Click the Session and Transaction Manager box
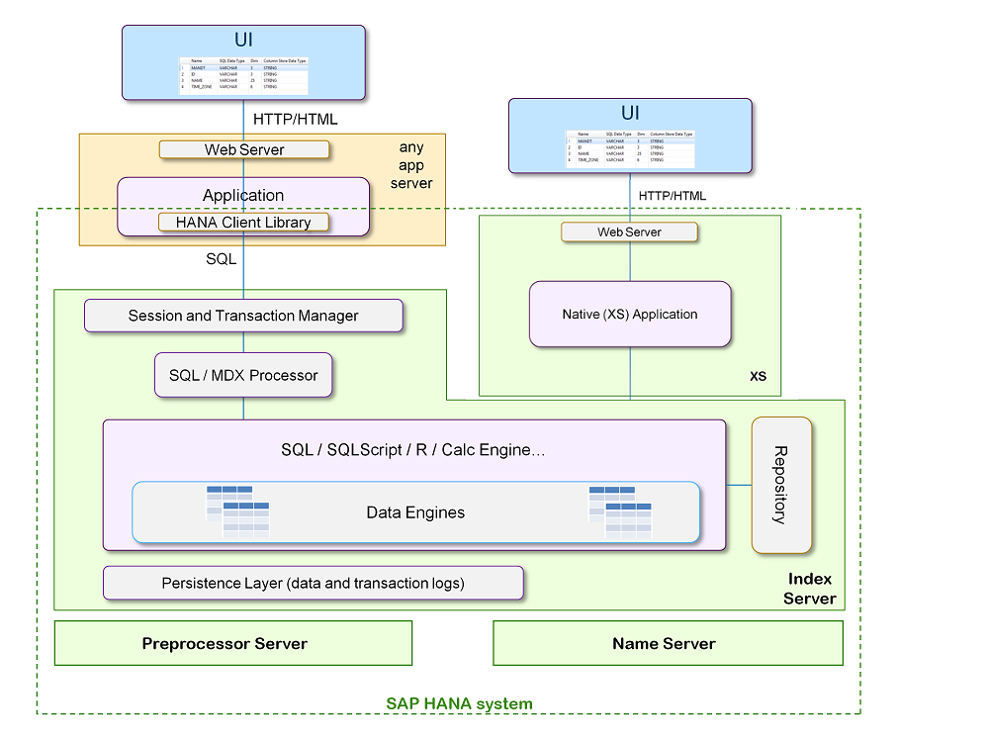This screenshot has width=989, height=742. (243, 316)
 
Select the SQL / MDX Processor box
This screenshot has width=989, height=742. (243, 375)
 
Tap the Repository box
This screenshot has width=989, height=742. (781, 485)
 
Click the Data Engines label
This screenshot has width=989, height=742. (415, 512)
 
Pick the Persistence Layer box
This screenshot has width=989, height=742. (313, 583)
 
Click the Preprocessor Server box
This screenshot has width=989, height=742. (232, 643)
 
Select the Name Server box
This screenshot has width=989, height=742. (668, 643)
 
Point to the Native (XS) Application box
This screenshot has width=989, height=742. (630, 314)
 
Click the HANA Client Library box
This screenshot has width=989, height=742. (243, 223)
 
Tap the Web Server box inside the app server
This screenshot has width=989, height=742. (243, 149)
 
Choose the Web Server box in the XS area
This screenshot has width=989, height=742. (629, 232)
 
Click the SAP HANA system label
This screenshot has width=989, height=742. (459, 703)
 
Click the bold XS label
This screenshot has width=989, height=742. (758, 377)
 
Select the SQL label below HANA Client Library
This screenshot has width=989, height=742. (221, 258)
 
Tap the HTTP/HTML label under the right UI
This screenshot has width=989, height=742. (673, 195)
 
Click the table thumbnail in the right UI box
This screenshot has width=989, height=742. (630, 148)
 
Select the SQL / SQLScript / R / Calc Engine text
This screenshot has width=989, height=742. (413, 450)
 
